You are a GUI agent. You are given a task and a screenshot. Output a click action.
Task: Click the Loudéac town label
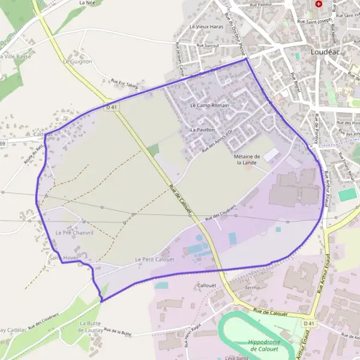325,52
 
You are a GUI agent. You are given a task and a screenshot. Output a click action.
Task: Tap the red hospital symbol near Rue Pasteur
319,4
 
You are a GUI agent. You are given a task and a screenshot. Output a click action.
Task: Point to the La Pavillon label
202,130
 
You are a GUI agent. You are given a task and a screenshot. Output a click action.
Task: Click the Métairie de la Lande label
246,159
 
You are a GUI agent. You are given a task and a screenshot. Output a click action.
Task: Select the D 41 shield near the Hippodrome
308,323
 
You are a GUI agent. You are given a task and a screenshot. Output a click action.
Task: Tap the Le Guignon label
77,61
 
